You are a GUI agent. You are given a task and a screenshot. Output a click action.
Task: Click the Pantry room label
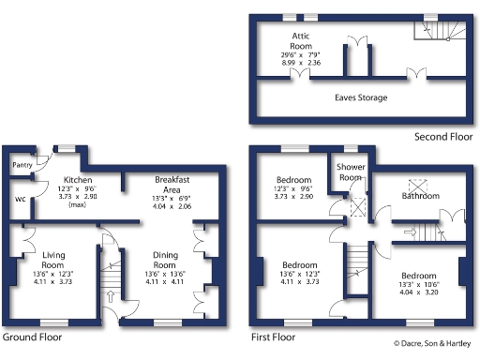click(22, 166)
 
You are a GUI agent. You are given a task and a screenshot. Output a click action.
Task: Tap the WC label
click(21, 200)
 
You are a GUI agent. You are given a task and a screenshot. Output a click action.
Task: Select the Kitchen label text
click(77, 178)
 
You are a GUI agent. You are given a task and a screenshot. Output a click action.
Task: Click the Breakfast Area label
click(172, 183)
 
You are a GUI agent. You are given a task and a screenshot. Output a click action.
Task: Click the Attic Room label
click(301, 39)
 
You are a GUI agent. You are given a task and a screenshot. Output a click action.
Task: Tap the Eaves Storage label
click(361, 97)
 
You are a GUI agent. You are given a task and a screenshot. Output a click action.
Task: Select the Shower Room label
click(350, 172)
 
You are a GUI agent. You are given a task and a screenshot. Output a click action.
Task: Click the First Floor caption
click(273, 336)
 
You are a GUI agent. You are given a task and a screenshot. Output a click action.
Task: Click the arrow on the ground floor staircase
click(112, 297)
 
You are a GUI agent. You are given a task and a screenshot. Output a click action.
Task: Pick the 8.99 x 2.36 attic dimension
click(301, 63)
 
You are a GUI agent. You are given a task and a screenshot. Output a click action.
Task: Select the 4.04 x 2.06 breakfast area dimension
click(172, 205)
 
